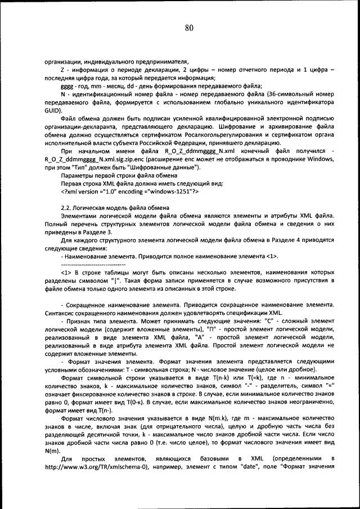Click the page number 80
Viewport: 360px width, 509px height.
[x=188, y=28]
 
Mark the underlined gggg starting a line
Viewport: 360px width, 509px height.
[x=66, y=86]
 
